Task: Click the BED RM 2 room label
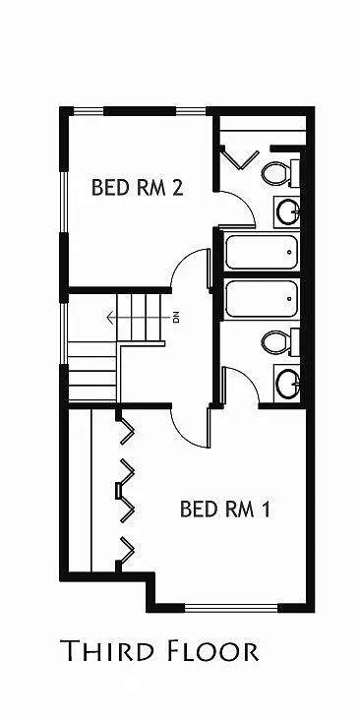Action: pyautogui.click(x=137, y=187)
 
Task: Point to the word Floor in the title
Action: pyautogui.click(x=213, y=650)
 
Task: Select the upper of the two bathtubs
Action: pyautogui.click(x=261, y=252)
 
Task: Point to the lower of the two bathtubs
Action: pyautogui.click(x=261, y=299)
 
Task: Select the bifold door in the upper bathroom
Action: pyautogui.click(x=237, y=156)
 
